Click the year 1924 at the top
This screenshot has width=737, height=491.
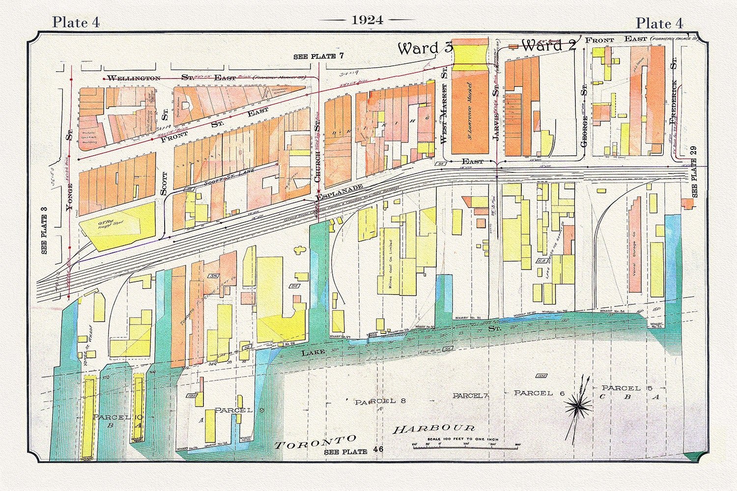click(x=367, y=20)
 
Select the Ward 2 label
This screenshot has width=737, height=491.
click(x=548, y=46)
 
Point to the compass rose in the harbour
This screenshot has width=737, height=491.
click(x=579, y=405)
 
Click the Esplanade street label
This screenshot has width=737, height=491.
click(x=339, y=192)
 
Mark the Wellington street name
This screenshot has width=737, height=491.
click(x=134, y=78)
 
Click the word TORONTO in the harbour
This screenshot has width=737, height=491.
click(x=315, y=442)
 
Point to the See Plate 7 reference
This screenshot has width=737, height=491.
click(x=318, y=56)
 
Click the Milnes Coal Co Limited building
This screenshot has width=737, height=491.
click(x=391, y=268)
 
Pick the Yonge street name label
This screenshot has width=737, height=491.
click(x=69, y=196)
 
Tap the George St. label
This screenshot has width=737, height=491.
click(x=584, y=115)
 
